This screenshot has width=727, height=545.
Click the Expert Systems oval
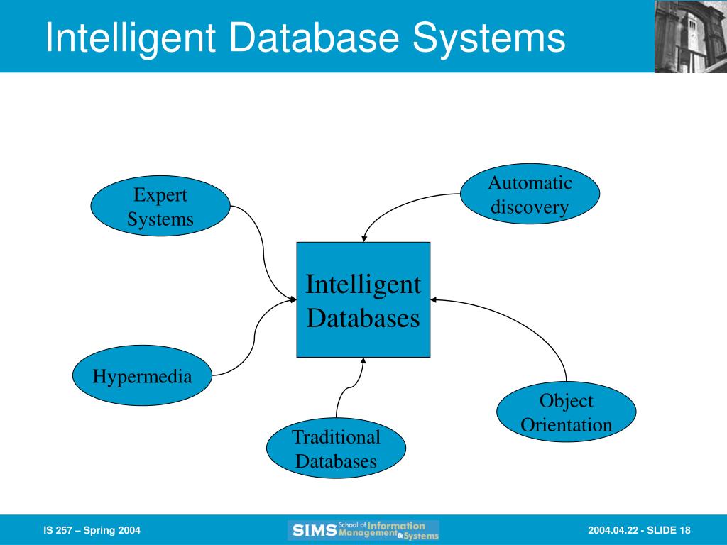(x=160, y=206)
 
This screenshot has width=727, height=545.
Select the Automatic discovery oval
(x=530, y=194)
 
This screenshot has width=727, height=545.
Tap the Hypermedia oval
(x=142, y=375)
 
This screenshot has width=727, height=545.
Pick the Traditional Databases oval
(x=336, y=448)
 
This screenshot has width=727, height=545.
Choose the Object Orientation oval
(x=566, y=412)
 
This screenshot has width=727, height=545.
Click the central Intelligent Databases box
(x=363, y=300)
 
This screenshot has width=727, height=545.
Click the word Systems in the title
(x=489, y=38)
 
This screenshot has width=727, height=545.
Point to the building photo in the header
(x=691, y=36)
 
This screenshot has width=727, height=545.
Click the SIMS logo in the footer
(x=363, y=530)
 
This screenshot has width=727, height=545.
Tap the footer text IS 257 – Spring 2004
(x=92, y=530)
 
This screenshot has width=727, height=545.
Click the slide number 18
(x=685, y=530)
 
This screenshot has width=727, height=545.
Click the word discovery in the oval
(x=530, y=207)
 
